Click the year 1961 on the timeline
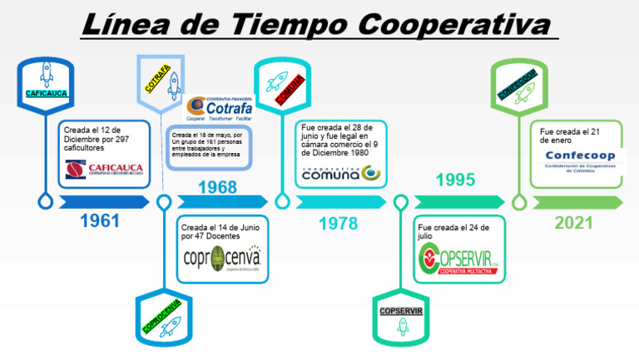click(x=100, y=221)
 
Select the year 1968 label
click(x=217, y=187)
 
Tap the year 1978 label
click(x=338, y=222)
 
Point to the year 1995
click(x=455, y=180)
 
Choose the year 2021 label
click(x=573, y=222)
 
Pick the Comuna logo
click(x=340, y=173)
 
